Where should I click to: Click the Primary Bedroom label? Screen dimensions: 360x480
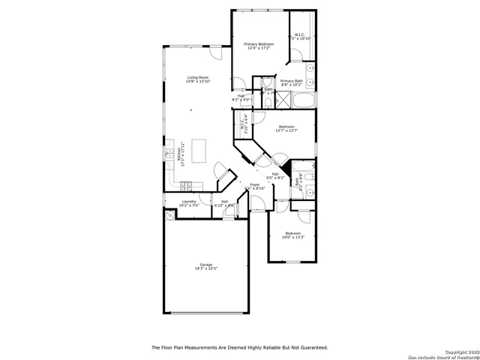pos(258,46)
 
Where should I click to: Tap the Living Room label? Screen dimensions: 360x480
pos(199,79)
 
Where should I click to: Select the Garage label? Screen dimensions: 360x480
pos(205,266)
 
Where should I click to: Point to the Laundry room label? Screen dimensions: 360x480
pos(189,202)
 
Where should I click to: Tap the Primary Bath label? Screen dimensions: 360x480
pos(292,82)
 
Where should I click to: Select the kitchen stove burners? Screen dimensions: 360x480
pos(186,184)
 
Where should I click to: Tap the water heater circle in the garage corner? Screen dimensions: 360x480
pos(170,214)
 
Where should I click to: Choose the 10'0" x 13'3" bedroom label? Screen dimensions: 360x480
pos(292,235)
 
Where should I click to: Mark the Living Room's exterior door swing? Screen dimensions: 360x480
pos(215,53)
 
